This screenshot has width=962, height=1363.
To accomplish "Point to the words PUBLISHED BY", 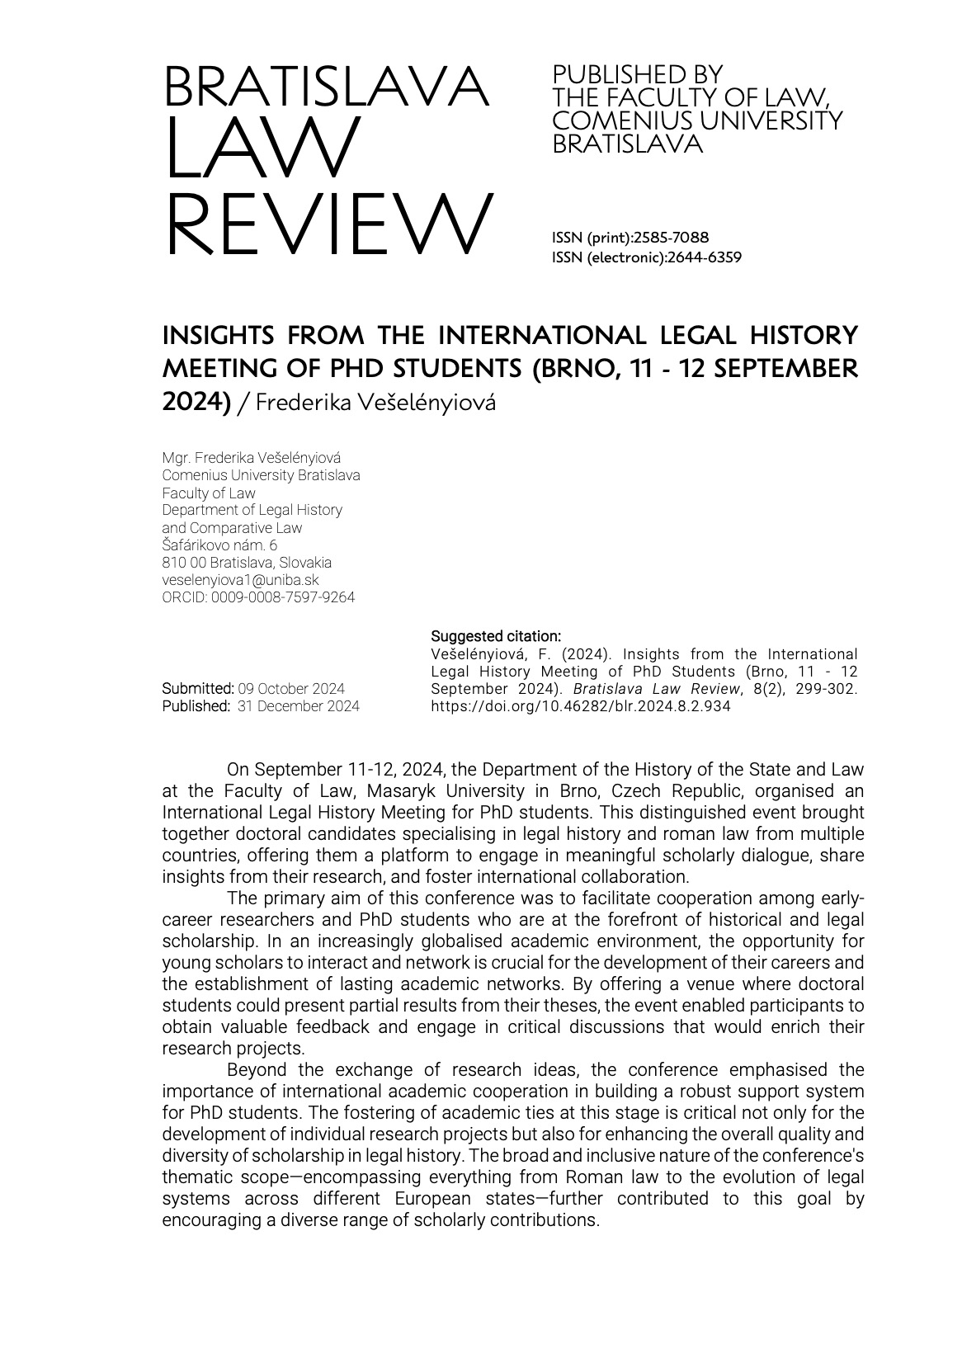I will tap(637, 74).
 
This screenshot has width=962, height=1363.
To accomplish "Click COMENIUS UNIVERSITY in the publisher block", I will tap(697, 121).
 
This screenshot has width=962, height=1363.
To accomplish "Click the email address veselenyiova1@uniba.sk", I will tap(240, 580).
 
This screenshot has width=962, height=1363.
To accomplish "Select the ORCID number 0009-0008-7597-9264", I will tap(283, 597).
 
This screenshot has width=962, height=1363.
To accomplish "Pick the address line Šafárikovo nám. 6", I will tap(219, 545).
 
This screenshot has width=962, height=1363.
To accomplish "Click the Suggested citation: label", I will tap(496, 636).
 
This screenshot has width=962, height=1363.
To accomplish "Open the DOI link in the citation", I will tap(581, 706).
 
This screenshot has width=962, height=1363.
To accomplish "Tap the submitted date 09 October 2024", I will tap(291, 689).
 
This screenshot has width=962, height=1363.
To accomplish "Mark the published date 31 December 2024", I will tap(298, 706).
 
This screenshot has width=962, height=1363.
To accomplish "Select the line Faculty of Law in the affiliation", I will tap(209, 493).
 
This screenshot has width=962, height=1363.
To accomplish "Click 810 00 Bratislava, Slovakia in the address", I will tap(247, 563).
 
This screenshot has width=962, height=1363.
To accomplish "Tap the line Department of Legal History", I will tap(252, 510).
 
